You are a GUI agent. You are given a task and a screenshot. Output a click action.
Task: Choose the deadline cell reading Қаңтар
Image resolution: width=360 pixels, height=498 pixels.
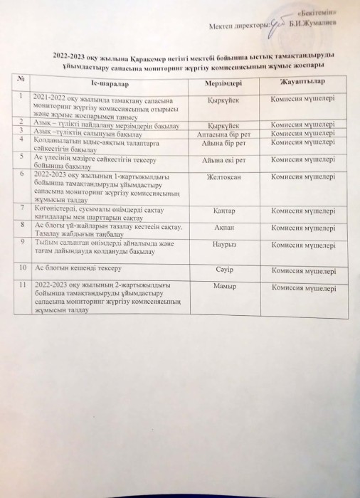[224, 209]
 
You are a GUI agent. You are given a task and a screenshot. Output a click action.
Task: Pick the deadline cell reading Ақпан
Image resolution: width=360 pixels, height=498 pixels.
[224, 226]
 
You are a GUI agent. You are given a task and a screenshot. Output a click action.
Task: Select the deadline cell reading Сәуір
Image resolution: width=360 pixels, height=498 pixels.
[224, 269]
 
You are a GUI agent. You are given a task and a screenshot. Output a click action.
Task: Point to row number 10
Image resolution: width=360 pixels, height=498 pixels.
[23, 268]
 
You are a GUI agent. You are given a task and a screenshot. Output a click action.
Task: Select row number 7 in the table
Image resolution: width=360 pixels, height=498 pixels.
[23, 208]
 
